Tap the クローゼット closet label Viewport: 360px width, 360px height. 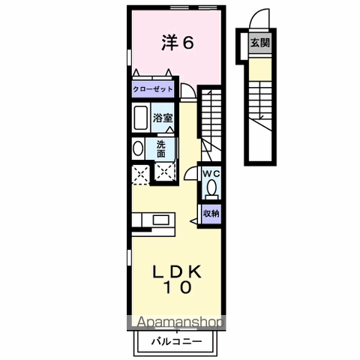tap(154, 89)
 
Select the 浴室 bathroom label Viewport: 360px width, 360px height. tap(164, 118)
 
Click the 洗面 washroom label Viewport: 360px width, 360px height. tap(163, 148)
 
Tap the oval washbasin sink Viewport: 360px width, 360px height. tap(137, 148)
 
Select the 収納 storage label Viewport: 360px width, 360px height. tap(211, 213)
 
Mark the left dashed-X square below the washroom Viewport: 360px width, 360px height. tap(139, 174)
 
